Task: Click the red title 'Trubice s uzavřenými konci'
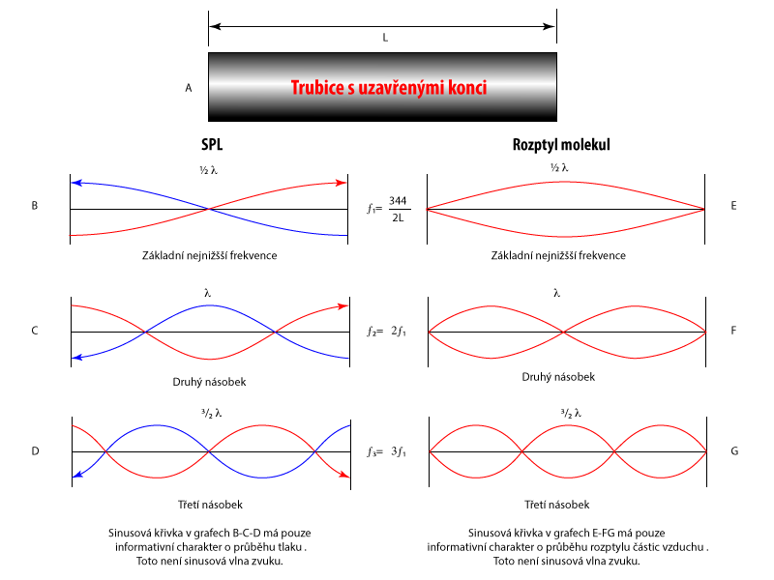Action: click(x=389, y=88)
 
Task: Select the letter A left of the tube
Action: click(x=189, y=88)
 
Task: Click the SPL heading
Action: click(x=212, y=145)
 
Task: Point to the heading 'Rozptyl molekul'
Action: click(x=561, y=145)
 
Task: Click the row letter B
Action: click(x=35, y=206)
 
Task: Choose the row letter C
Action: click(x=35, y=331)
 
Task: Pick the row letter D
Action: click(x=35, y=450)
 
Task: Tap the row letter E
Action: click(x=734, y=206)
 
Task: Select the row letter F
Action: click(x=734, y=331)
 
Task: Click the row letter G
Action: click(x=734, y=450)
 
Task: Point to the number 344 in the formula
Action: click(x=398, y=200)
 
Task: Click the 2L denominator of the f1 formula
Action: click(x=398, y=217)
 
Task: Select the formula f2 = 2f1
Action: click(x=386, y=332)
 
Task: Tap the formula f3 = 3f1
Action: click(x=386, y=451)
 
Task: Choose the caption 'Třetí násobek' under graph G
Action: click(x=557, y=505)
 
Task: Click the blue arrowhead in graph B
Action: click(x=76, y=182)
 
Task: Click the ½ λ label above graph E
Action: click(x=558, y=167)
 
